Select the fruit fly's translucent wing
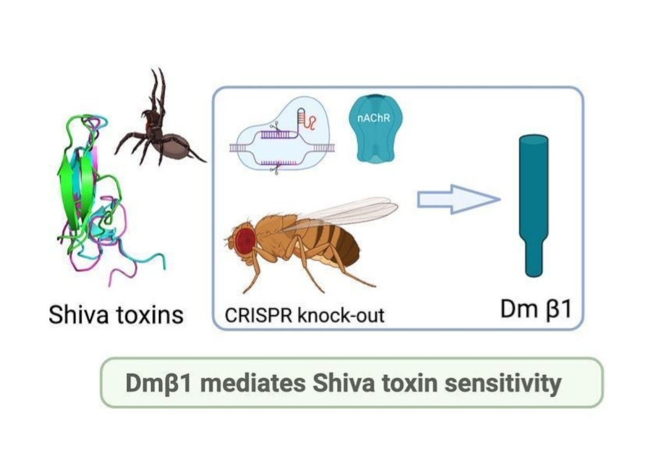[348, 211]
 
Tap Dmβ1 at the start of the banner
[159, 383]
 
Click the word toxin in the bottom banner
[412, 383]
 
